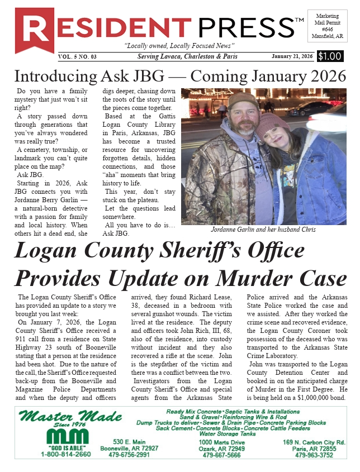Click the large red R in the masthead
click(x=34, y=28)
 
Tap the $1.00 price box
click(x=330, y=56)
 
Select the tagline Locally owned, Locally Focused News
click(x=179, y=45)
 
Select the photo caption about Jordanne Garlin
click(x=264, y=230)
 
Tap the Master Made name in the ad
click(x=70, y=417)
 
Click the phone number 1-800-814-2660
click(x=65, y=454)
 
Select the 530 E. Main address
click(x=129, y=441)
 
